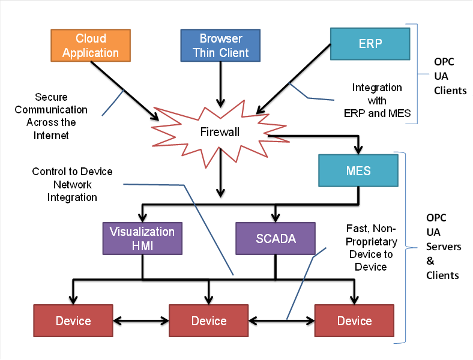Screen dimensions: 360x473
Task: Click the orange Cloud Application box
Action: [89, 46]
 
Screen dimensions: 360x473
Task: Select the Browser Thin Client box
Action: [220, 46]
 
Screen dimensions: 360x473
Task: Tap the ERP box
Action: [370, 44]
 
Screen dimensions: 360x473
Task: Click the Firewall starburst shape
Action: [220, 132]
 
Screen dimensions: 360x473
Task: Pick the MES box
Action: [358, 171]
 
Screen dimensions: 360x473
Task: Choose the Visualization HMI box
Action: [142, 239]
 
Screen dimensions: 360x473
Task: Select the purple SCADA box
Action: [276, 239]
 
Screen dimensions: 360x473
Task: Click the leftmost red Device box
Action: [73, 321]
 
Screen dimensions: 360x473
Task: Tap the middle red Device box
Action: [209, 321]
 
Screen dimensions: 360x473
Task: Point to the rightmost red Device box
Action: [354, 321]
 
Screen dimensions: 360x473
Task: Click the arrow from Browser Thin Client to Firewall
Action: [220, 84]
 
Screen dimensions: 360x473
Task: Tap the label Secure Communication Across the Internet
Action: [51, 116]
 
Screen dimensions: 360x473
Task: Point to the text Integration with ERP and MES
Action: [377, 100]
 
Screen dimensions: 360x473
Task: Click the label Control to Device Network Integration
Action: [72, 184]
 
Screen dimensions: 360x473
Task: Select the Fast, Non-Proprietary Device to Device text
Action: [371, 247]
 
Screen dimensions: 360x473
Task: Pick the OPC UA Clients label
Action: [450, 76]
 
